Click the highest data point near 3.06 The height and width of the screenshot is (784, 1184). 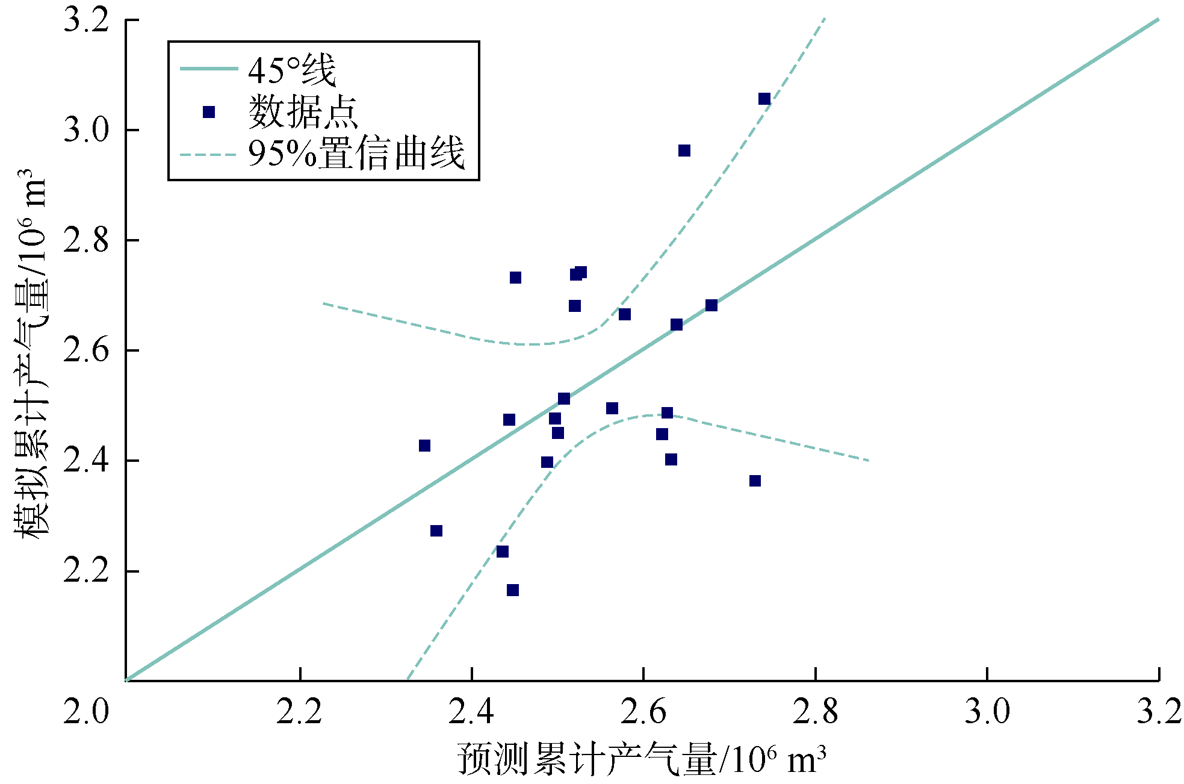(764, 99)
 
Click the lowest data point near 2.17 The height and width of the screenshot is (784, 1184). (512, 590)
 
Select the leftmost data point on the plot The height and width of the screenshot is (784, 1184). (424, 446)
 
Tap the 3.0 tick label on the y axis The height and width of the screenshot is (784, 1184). (87, 130)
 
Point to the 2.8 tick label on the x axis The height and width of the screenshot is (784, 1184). (815, 712)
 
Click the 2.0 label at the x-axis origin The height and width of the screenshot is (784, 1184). (87, 712)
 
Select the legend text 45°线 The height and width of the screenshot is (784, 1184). (292, 70)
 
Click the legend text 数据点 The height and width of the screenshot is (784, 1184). (303, 112)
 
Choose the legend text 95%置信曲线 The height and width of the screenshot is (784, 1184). (356, 154)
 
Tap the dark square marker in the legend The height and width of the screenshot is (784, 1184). (209, 112)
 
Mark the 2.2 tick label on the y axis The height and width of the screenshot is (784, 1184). (87, 571)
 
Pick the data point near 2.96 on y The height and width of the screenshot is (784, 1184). (684, 151)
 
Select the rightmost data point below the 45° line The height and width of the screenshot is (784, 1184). (755, 481)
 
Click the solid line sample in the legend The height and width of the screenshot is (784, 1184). (208, 69)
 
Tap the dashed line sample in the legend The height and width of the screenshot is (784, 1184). (208, 155)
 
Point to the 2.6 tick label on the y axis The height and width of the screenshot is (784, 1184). (87, 350)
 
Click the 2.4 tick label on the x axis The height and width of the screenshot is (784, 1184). (471, 712)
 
